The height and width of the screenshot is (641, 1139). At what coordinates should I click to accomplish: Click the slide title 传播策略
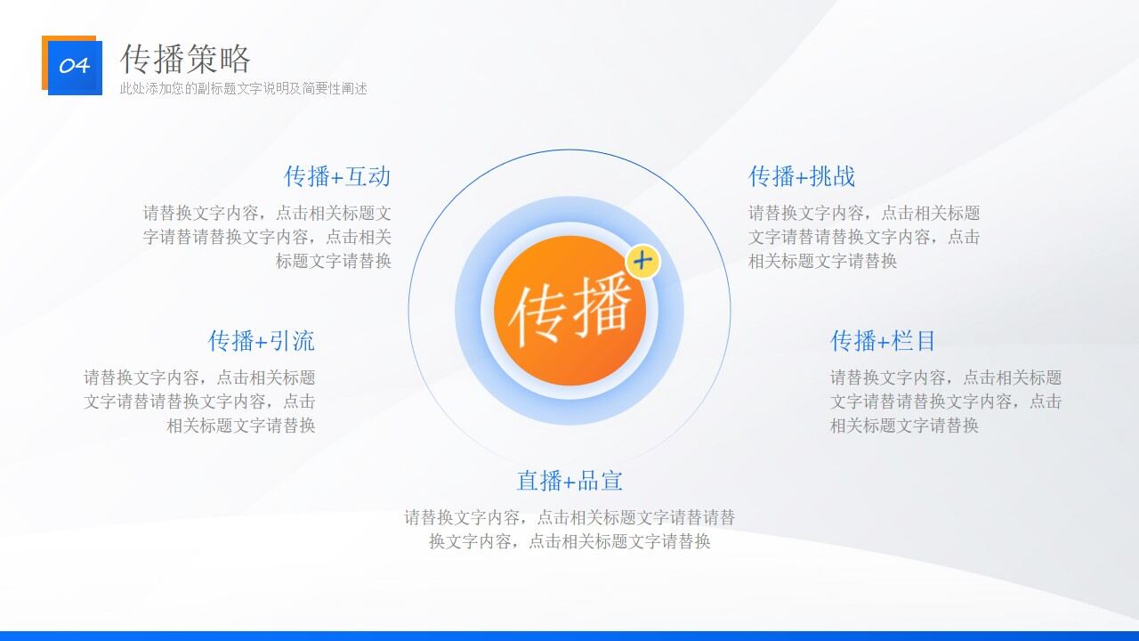185,59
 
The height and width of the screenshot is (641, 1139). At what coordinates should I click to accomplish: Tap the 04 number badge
74,66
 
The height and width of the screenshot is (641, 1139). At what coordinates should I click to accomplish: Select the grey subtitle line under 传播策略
243,89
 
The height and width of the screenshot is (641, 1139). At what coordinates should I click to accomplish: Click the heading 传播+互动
336,176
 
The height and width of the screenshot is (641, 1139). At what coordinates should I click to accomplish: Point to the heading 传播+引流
261,341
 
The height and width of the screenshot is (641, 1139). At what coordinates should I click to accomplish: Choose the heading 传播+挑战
801,176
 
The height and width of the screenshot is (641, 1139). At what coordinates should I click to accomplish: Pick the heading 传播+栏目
883,341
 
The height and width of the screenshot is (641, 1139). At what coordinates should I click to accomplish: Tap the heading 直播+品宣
569,481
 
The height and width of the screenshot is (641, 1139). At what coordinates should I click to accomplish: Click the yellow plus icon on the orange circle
642,262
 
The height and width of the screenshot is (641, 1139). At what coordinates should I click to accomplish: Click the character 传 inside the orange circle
538,314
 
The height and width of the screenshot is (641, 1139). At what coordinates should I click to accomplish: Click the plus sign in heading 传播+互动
337,177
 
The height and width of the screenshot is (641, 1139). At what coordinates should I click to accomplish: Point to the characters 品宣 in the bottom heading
600,481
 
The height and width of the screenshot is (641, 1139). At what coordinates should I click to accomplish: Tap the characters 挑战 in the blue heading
832,176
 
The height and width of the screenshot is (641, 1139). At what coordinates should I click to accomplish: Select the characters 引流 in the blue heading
292,341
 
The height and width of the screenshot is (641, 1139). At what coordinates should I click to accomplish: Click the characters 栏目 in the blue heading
914,341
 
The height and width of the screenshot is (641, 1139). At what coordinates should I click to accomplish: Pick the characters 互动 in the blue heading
368,176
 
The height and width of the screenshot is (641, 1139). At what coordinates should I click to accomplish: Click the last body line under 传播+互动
333,261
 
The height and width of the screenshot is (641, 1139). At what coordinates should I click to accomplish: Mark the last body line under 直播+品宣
569,541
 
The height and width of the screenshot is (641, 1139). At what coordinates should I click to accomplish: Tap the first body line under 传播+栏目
945,377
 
